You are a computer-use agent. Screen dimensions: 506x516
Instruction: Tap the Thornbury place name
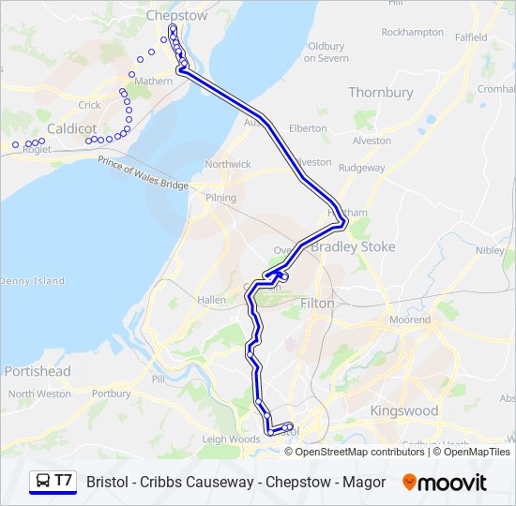tap(380, 93)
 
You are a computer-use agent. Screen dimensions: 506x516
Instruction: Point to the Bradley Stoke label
tap(353, 247)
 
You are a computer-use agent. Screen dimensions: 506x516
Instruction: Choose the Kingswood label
tap(403, 410)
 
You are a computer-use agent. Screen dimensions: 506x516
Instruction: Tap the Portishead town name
tap(37, 371)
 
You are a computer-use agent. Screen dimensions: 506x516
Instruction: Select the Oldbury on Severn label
tap(326, 52)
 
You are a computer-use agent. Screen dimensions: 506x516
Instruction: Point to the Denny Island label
tap(32, 281)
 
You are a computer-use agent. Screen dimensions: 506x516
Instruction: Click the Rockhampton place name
tap(412, 32)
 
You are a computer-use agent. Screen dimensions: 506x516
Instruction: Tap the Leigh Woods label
tap(230, 439)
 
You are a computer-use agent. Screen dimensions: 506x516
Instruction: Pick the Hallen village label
tap(211, 300)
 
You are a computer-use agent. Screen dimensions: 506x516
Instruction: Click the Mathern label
tap(154, 82)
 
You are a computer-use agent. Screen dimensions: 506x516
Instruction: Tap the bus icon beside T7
tap(41, 482)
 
